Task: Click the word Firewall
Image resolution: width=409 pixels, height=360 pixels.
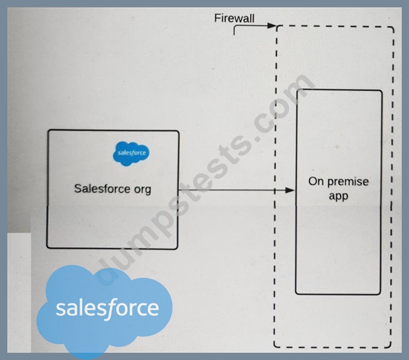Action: (x=234, y=19)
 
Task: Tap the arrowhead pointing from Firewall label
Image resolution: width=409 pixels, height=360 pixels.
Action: (x=272, y=26)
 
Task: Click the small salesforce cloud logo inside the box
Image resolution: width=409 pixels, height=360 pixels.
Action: (x=131, y=153)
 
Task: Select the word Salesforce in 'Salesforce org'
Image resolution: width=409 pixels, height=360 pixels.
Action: (x=102, y=189)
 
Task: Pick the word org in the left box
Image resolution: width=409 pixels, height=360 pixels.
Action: (x=142, y=189)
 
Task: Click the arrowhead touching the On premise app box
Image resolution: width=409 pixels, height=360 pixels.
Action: (x=290, y=191)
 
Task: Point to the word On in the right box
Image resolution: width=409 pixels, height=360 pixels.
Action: (x=316, y=182)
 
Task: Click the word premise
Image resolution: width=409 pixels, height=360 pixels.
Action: (x=348, y=182)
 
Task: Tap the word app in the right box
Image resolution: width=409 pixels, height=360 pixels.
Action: (x=338, y=196)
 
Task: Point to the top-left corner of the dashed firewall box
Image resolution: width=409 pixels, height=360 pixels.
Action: (x=277, y=27)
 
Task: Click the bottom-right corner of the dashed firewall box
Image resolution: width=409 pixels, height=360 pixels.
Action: (x=391, y=347)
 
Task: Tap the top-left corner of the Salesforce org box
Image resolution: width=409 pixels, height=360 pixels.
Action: (x=48, y=130)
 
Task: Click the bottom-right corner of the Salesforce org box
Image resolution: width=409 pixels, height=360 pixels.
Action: (x=177, y=248)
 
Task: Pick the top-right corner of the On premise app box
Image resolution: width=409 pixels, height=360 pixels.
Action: (x=382, y=90)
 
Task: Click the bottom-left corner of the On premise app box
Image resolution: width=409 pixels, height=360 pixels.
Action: (x=296, y=294)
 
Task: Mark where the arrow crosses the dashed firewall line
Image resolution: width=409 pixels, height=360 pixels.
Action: (x=275, y=191)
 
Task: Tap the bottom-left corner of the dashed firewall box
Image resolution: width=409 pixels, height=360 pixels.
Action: (x=274, y=347)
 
